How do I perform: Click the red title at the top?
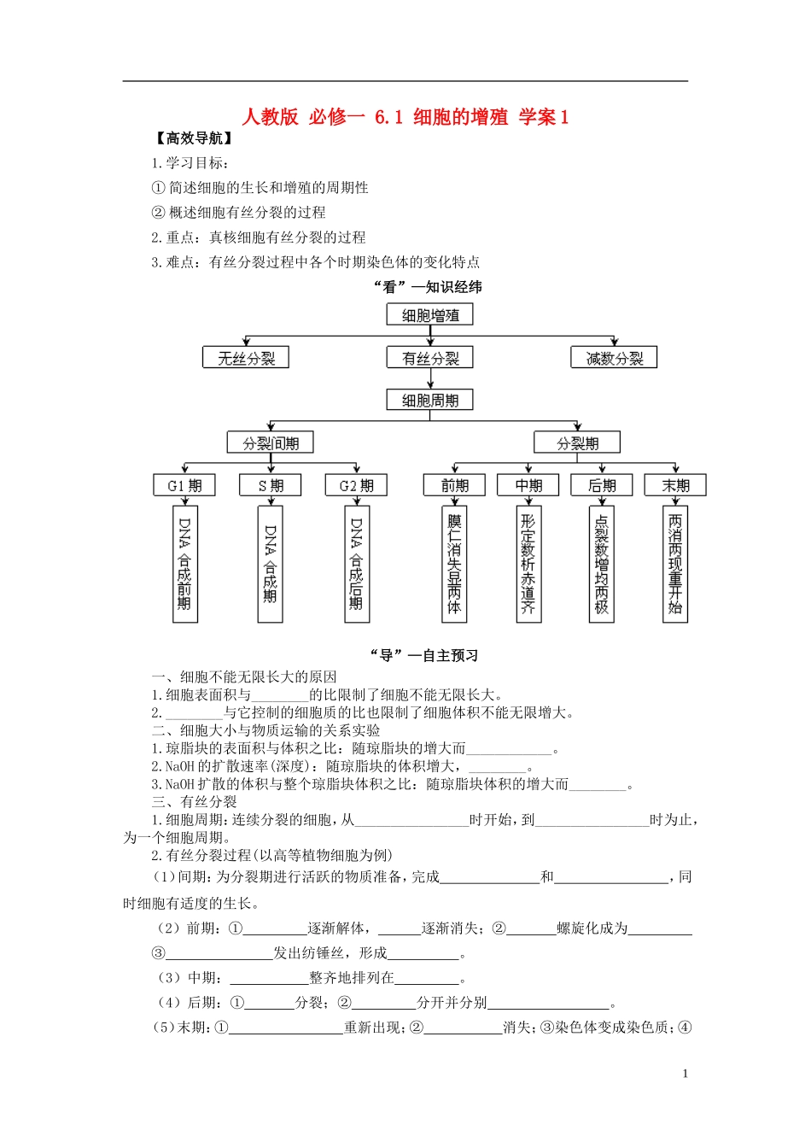click(x=405, y=117)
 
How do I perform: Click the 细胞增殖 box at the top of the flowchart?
click(x=430, y=315)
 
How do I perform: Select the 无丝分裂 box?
click(x=246, y=358)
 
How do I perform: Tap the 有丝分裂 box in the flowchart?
click(x=430, y=358)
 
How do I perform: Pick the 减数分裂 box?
click(x=614, y=358)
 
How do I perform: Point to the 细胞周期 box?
click(x=430, y=400)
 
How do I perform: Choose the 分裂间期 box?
click(x=271, y=442)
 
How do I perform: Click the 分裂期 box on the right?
click(x=577, y=442)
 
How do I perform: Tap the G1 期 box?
click(x=184, y=485)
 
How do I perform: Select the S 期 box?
click(x=271, y=485)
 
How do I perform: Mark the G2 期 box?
click(x=356, y=485)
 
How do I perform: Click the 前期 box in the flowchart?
click(x=454, y=485)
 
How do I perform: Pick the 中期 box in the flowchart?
click(x=528, y=485)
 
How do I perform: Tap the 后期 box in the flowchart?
click(x=602, y=485)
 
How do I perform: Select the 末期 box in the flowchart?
click(x=675, y=485)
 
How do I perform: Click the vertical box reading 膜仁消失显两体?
click(x=454, y=564)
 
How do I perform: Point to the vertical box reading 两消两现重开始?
click(x=675, y=564)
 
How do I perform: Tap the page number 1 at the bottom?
click(x=685, y=1074)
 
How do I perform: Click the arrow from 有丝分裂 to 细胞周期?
click(x=430, y=378)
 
